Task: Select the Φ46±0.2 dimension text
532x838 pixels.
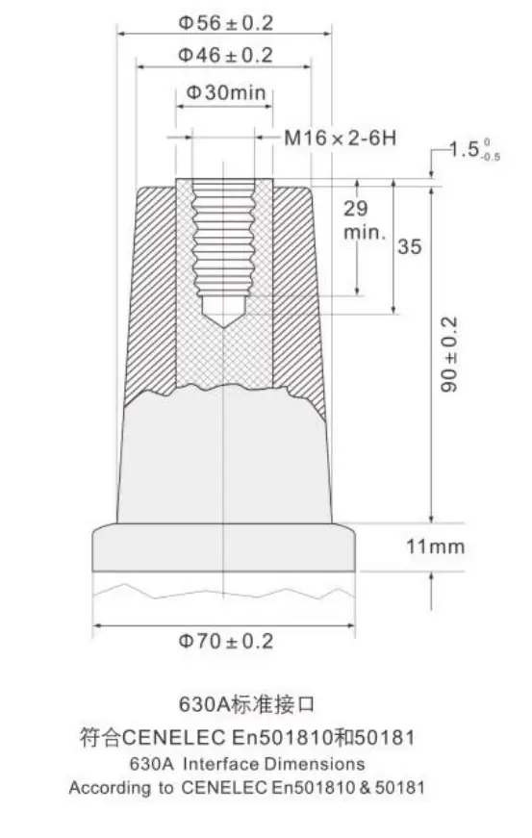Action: pos(224,56)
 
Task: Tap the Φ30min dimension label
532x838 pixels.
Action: pos(224,93)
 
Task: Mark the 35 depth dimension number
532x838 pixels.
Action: pos(409,247)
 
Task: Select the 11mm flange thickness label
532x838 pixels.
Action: pos(435,546)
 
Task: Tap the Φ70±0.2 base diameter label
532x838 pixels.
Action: pos(224,641)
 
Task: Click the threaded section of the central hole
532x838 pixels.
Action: pos(224,241)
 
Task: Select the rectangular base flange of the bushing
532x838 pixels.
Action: pos(224,548)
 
